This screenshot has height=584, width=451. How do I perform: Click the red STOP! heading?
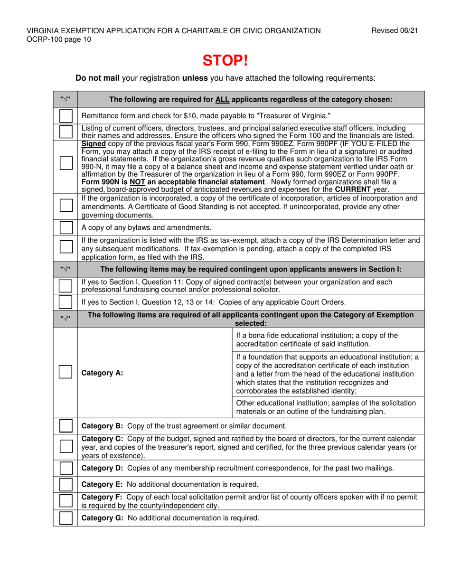225,60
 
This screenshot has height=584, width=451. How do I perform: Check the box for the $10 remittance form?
66,116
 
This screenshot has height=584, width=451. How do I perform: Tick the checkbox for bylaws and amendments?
66,227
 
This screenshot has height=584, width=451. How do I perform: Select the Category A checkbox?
66,372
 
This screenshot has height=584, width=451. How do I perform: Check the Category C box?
66,446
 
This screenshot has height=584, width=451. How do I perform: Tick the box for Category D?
66,469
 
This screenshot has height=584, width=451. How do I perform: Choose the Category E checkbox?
66,484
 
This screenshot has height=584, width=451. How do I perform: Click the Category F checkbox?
66,501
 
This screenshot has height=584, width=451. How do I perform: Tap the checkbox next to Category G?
66,518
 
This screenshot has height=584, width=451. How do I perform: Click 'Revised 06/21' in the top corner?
397,31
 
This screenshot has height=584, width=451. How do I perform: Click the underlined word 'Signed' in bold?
94,142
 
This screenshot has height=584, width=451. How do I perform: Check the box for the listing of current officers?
66,131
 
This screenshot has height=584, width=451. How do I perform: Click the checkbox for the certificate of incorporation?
66,206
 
